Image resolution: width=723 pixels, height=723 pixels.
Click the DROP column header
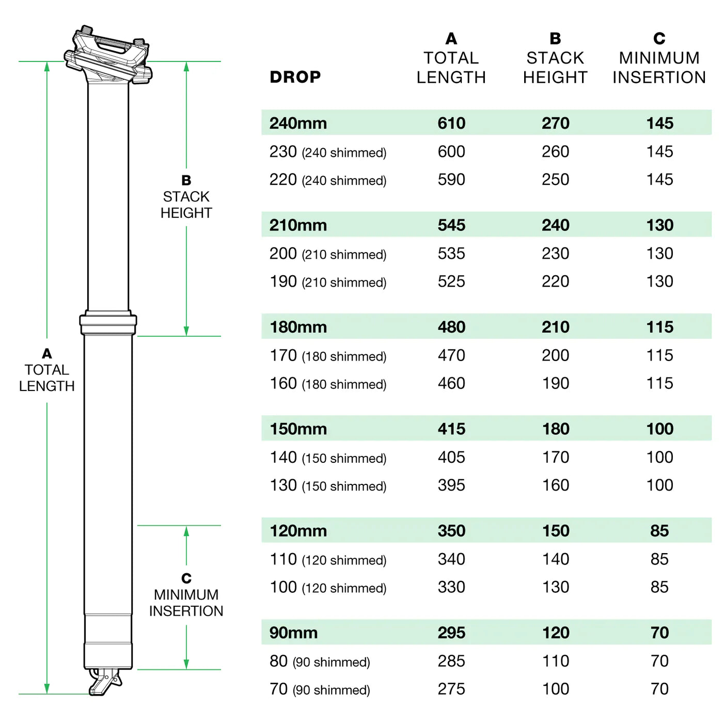coord(295,77)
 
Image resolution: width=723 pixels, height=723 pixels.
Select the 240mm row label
coord(298,123)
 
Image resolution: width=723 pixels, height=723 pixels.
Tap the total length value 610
coord(451,123)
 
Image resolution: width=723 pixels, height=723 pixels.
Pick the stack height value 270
coord(555,123)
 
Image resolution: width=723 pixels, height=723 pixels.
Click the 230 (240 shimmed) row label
coord(327,152)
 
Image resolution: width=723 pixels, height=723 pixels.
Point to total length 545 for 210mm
coord(451,225)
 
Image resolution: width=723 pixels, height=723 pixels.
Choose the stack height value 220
coord(555,281)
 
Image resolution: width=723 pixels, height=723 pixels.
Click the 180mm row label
coord(298,327)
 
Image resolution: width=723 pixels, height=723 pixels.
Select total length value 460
coord(451,383)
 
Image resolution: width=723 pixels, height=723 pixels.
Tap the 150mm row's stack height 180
coord(555,429)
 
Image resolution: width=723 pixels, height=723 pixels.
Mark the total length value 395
coord(451,485)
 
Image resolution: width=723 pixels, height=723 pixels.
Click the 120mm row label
coord(298,530)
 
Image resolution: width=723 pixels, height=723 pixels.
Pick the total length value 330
coord(451,587)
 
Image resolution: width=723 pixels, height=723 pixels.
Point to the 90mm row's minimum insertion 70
coord(659,632)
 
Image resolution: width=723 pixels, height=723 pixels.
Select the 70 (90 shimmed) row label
coord(320,689)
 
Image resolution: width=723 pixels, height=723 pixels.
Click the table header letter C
coord(659,39)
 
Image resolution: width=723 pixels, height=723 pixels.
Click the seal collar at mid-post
coord(108,324)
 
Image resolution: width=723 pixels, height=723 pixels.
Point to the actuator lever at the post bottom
coord(105,682)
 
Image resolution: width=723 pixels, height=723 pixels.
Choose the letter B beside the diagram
coord(186,180)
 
